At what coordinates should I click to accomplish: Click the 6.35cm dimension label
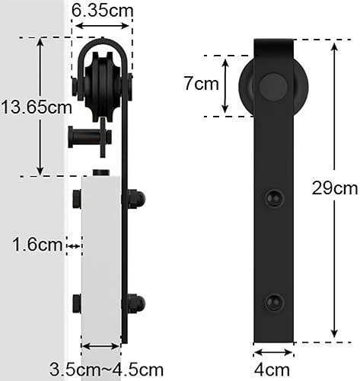click(100, 11)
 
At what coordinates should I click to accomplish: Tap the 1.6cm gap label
click(36, 245)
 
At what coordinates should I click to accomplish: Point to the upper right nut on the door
click(135, 200)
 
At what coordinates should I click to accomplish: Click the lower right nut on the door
click(135, 303)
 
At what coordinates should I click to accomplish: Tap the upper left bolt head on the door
click(77, 201)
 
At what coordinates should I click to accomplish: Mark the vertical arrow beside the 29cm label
click(333, 190)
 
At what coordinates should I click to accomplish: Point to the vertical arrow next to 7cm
click(225, 85)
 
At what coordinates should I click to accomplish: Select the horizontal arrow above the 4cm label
click(273, 353)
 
